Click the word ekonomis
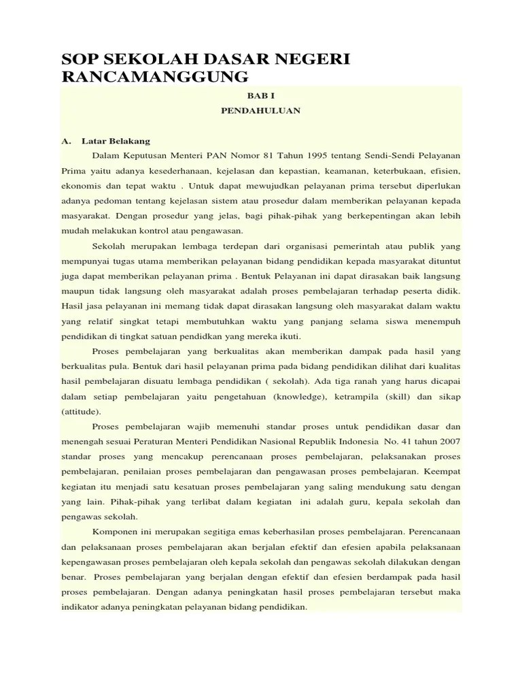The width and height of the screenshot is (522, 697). pos(79,186)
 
